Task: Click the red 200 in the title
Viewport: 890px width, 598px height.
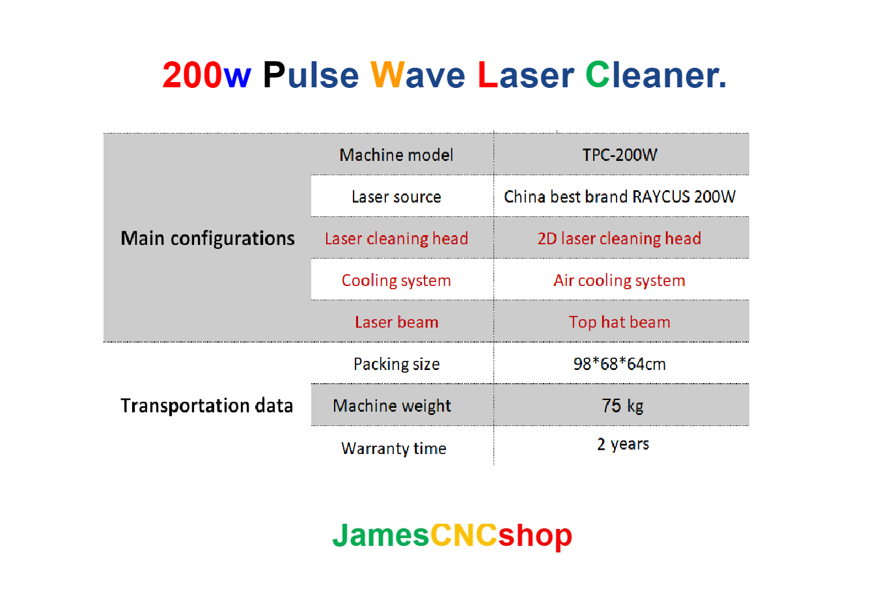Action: point(192,76)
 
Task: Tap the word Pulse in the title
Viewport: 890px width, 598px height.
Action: point(311,76)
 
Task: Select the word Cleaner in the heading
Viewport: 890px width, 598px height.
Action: point(655,76)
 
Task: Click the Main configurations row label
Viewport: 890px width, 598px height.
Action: point(208,238)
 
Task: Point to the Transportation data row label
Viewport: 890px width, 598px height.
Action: point(207,406)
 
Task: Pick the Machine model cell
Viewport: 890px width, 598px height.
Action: point(396,155)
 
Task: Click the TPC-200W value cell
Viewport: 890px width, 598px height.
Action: point(620,155)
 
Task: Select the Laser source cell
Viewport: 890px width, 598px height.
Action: point(396,197)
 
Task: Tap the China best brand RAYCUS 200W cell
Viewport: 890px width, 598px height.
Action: point(620,197)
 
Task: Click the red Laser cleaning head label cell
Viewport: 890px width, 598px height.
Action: point(396,239)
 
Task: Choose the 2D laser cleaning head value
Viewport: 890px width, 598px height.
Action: point(619,239)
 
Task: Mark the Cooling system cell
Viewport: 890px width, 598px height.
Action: point(396,281)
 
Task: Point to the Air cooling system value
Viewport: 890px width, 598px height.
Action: point(619,281)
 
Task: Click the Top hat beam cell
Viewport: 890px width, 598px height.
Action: point(619,322)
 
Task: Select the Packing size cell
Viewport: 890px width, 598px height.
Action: point(396,364)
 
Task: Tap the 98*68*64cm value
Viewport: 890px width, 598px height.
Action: point(619,364)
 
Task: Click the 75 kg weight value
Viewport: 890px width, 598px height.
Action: point(622,406)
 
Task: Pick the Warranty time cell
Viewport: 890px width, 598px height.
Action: point(394,448)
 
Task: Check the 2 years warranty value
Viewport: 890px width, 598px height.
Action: point(623,444)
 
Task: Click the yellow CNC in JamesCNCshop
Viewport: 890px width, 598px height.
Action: point(464,535)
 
